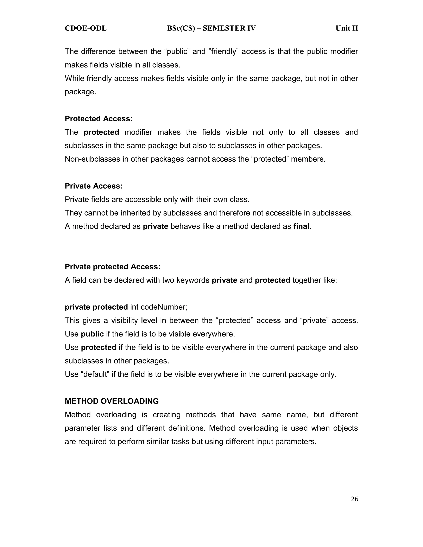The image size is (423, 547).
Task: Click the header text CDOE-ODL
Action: click(x=86, y=28)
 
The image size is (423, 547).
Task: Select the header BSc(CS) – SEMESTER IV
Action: click(x=211, y=28)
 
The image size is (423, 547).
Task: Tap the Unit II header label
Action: click(x=347, y=28)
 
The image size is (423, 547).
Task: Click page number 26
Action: click(x=355, y=499)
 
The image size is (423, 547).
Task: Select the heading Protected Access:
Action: click(x=99, y=119)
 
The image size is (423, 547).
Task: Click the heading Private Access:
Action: click(x=94, y=186)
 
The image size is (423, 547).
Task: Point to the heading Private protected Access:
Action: click(x=113, y=267)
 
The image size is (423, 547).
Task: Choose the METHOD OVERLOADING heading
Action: click(x=112, y=401)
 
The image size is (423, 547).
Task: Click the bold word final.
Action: click(x=302, y=226)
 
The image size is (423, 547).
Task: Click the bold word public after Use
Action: click(x=92, y=334)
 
